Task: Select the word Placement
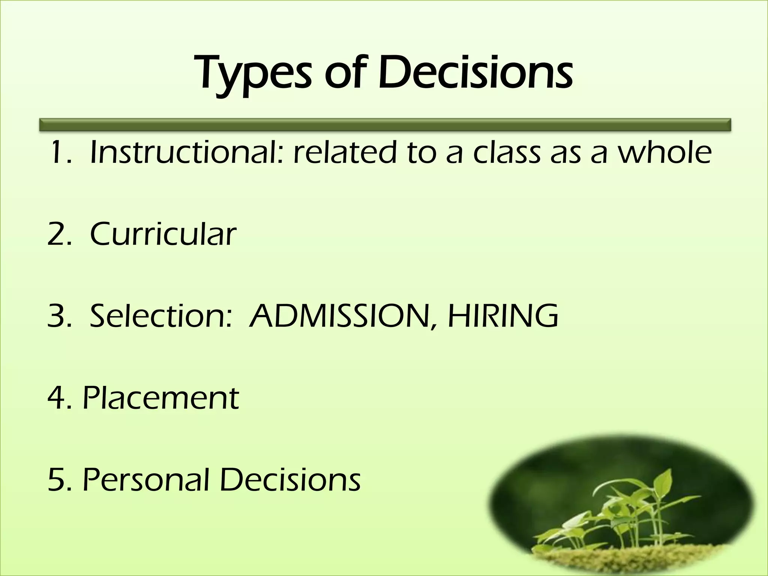point(160,397)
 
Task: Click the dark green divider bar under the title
point(385,125)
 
